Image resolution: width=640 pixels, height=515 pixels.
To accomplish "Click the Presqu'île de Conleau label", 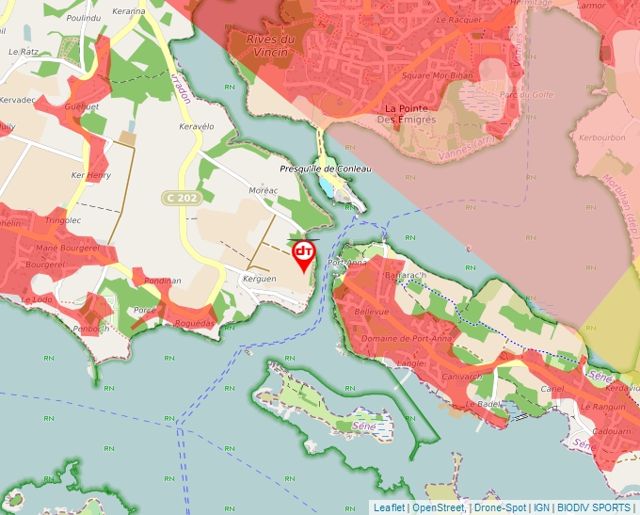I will click(x=326, y=169).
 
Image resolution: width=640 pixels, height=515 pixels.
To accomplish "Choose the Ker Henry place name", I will click(x=91, y=175).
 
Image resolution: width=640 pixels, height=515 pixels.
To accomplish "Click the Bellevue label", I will click(x=371, y=312).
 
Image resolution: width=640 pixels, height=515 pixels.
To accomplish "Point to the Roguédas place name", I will click(x=194, y=322).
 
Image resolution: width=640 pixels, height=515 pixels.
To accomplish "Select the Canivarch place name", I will click(x=461, y=377).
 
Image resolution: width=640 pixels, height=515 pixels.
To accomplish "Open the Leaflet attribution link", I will click(x=389, y=507).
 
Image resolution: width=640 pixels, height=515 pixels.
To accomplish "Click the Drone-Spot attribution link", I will click(x=501, y=507).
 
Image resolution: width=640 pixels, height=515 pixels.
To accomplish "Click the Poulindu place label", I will click(x=84, y=18).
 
